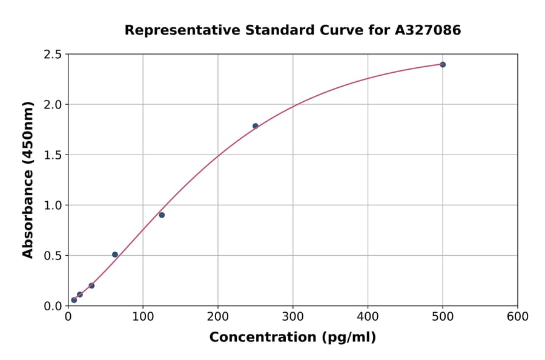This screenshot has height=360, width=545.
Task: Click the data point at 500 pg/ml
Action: (x=443, y=64)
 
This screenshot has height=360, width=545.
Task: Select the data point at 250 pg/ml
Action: (x=255, y=126)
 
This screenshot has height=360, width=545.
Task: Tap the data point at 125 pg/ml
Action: (x=162, y=215)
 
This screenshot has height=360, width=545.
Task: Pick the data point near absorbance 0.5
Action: (x=115, y=255)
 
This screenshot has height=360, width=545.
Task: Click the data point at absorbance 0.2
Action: (x=91, y=285)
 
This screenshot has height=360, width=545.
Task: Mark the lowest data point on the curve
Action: (x=74, y=300)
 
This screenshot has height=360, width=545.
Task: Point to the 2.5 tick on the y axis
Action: (x=53, y=55)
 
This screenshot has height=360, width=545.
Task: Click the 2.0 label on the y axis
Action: (x=53, y=105)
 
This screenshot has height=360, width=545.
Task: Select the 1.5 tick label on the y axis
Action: (x=53, y=155)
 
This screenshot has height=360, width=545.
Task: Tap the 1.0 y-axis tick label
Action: (x=53, y=205)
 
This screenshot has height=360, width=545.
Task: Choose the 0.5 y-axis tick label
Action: (x=53, y=256)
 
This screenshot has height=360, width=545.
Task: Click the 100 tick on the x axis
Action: (x=143, y=317)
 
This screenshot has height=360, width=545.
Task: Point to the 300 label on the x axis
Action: (x=292, y=317)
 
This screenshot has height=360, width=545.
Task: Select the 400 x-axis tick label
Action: (x=368, y=317)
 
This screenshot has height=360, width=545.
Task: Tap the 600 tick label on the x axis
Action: (x=517, y=317)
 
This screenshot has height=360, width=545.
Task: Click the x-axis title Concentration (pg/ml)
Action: (x=292, y=338)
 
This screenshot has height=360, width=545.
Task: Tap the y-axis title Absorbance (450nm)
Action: (x=28, y=179)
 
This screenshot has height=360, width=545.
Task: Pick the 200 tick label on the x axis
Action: (x=218, y=317)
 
